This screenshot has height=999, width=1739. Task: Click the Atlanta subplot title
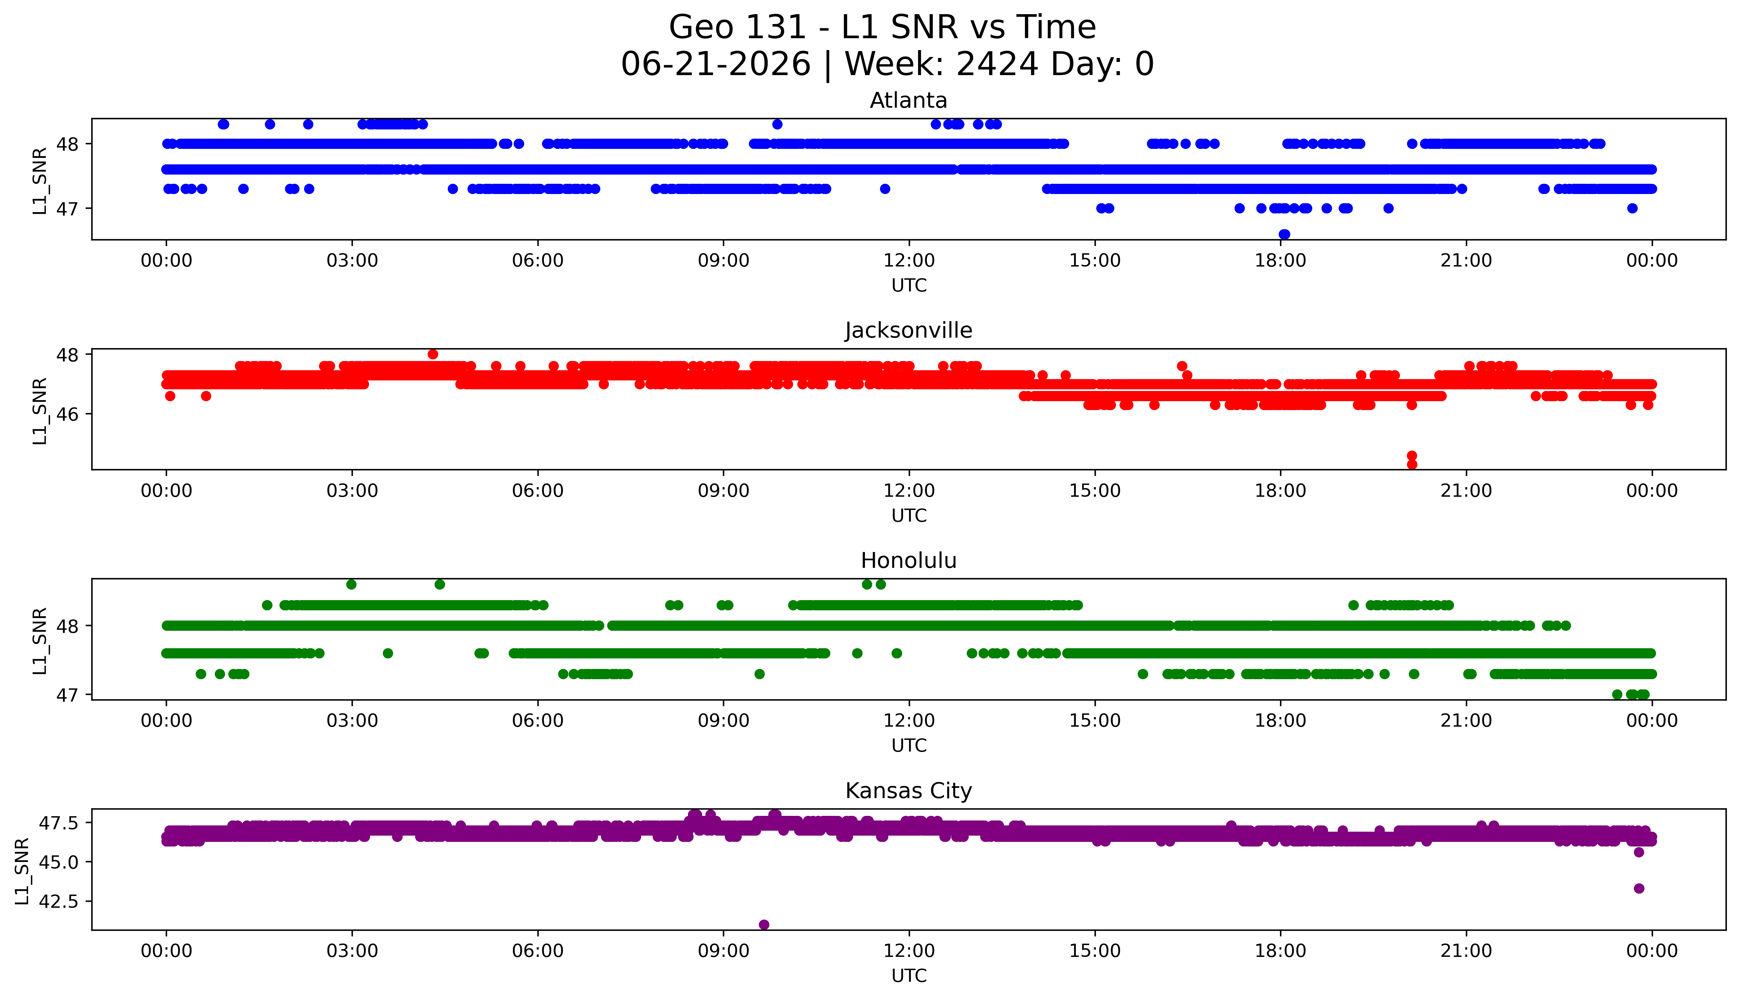(909, 101)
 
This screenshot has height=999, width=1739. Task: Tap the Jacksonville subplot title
(909, 331)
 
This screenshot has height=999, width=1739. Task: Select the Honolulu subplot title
(909, 561)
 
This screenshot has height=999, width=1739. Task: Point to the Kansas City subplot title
(909, 791)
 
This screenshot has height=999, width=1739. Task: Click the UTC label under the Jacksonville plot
(909, 516)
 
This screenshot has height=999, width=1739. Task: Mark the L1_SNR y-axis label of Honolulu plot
(40, 641)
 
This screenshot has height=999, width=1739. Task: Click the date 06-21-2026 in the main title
(716, 65)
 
